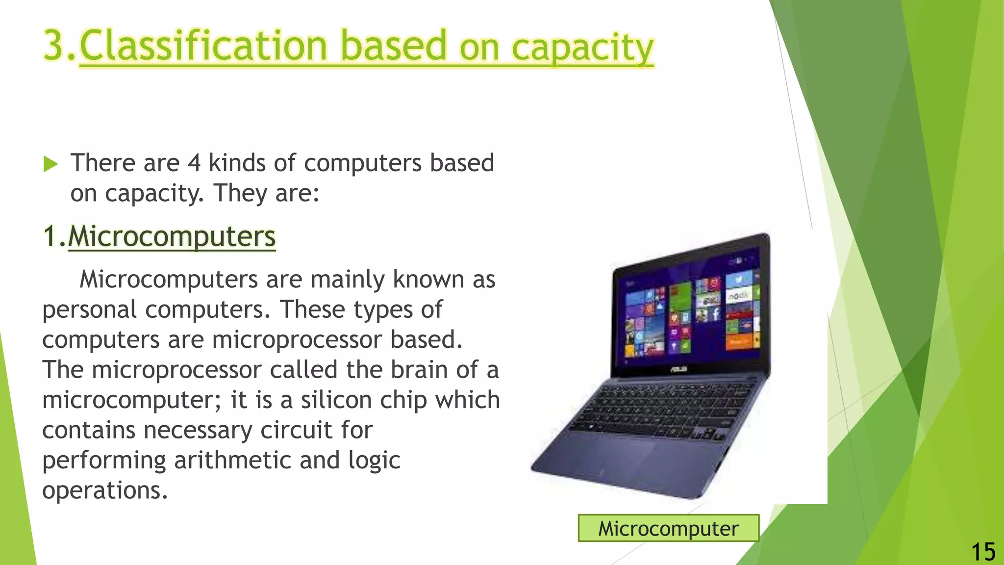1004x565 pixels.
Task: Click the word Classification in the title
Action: (x=203, y=46)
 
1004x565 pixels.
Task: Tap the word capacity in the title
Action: (x=582, y=48)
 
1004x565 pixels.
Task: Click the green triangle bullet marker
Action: (x=50, y=164)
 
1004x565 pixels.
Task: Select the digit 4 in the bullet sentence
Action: (x=194, y=163)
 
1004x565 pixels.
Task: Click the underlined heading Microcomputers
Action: (x=172, y=236)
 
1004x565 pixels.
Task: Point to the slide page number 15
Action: (x=983, y=552)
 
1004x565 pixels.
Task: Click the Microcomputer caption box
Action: (x=668, y=528)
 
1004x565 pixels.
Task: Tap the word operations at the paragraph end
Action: (x=105, y=490)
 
